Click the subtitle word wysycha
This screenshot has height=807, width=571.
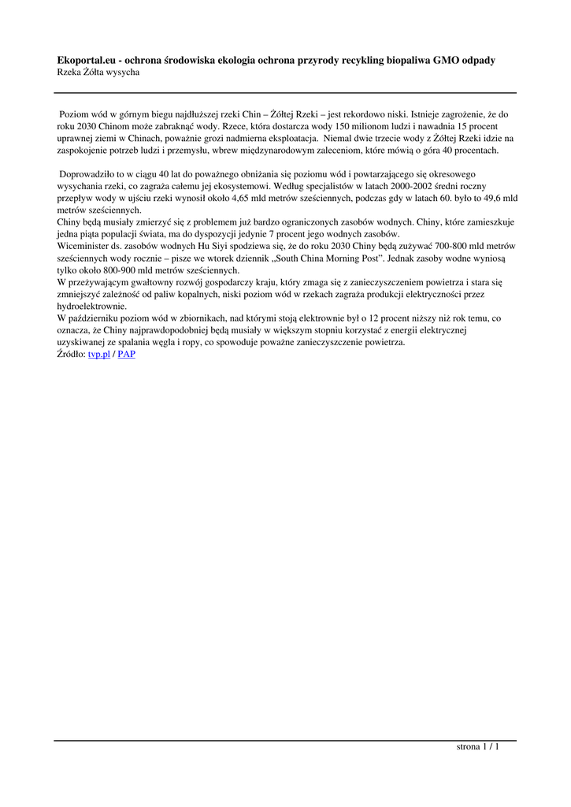(124, 73)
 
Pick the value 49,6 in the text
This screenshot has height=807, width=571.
(488, 198)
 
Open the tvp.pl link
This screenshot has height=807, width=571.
(98, 354)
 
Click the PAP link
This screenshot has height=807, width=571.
(126, 354)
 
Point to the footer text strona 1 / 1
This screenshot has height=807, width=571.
(477, 746)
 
